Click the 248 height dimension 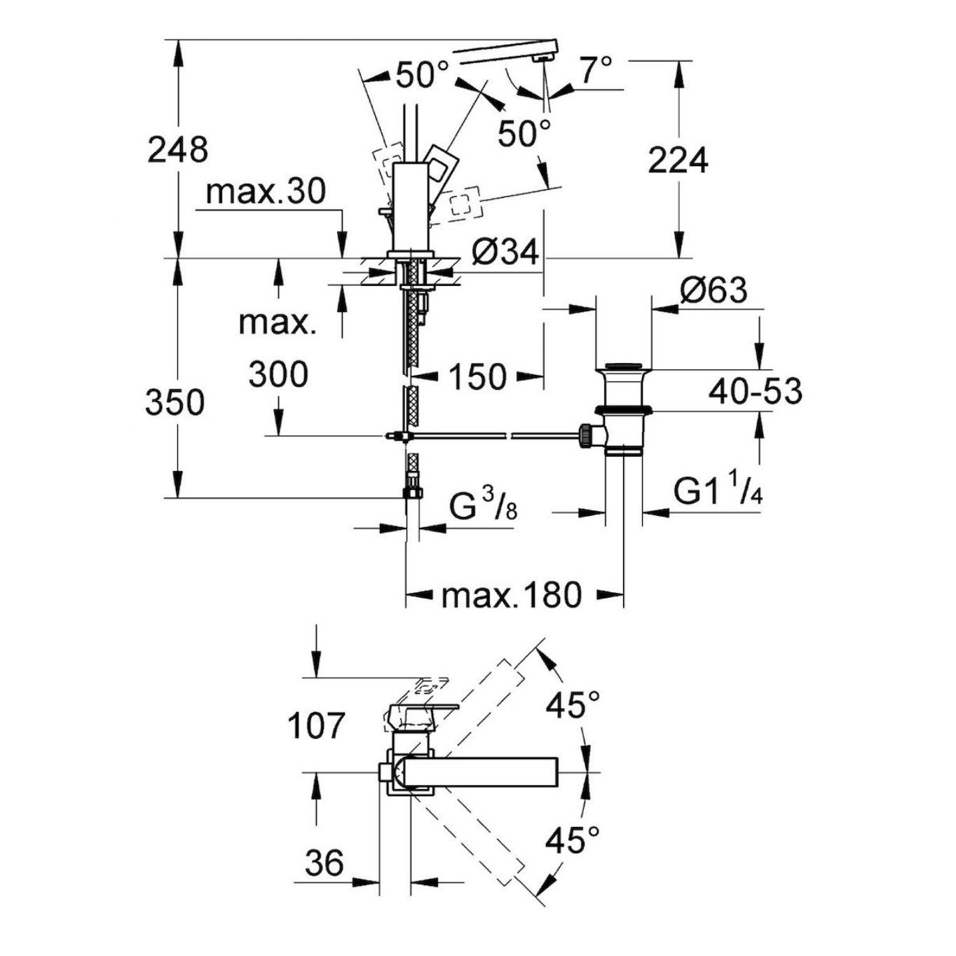[177, 150]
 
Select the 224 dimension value [678, 161]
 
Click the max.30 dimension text [266, 191]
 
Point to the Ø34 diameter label [505, 252]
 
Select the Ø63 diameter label [713, 290]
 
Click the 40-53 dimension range [754, 391]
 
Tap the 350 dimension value [175, 403]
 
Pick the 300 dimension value [278, 374]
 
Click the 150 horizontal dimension [477, 377]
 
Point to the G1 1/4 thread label [718, 491]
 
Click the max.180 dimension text [512, 595]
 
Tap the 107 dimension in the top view [317, 726]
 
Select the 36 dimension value [325, 863]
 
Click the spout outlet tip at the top [540, 59]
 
